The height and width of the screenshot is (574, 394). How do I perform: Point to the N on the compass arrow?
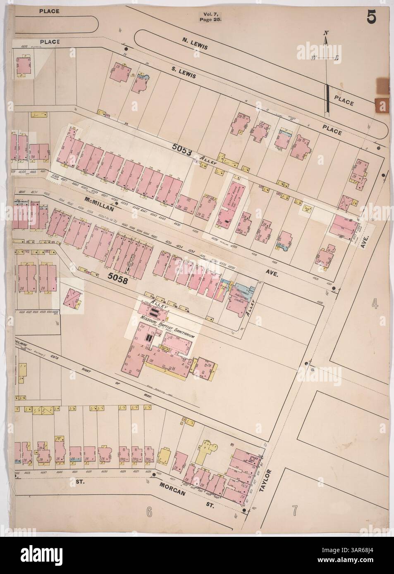tap(326, 33)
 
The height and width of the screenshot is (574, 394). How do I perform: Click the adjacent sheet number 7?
tap(295, 510)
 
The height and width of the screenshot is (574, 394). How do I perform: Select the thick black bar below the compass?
tap(328, 97)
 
